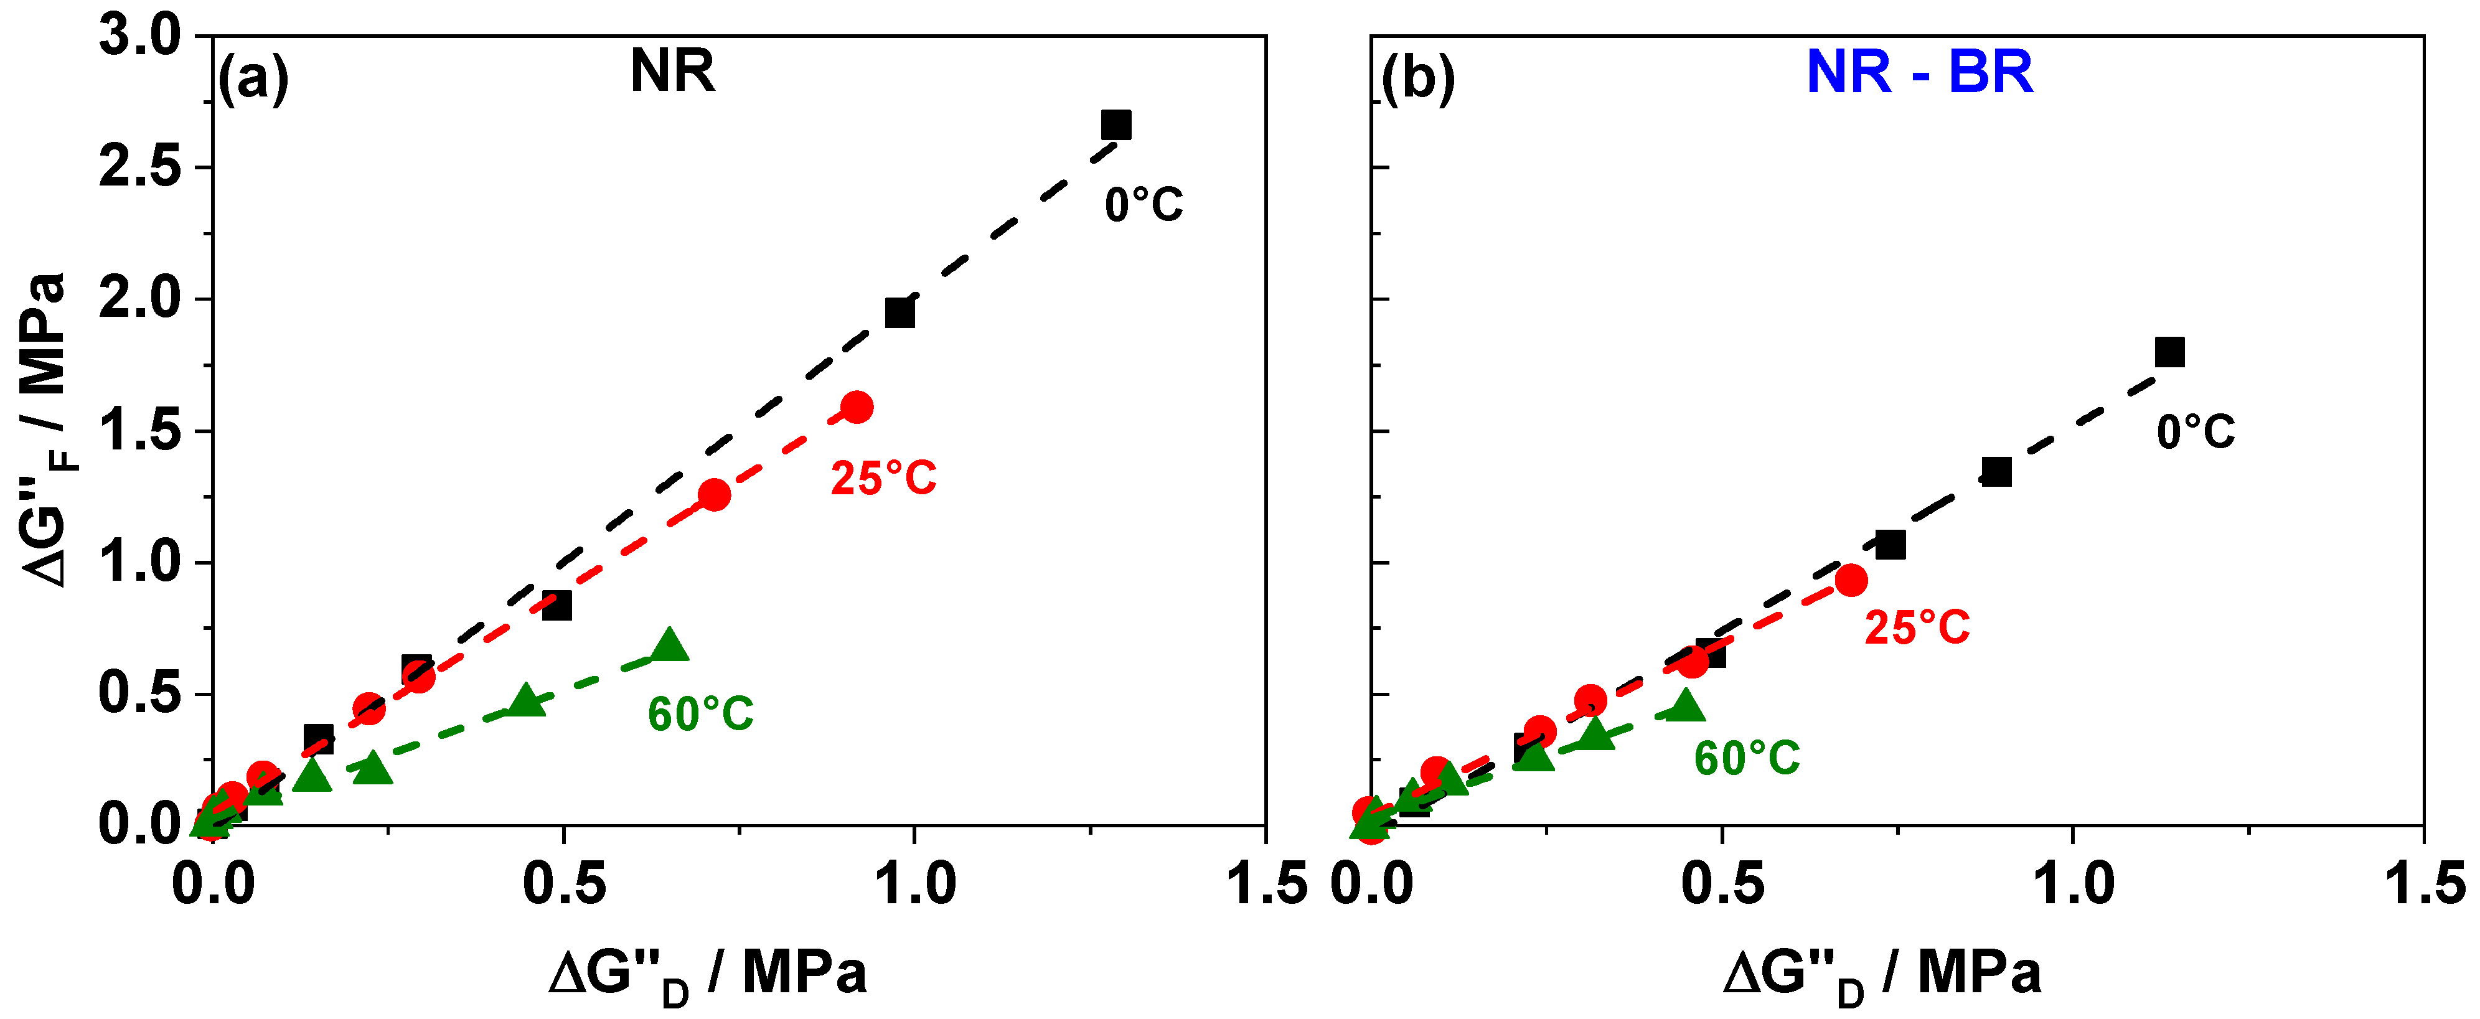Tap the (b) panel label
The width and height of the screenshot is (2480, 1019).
(x=1417, y=77)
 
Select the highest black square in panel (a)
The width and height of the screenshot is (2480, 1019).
(x=1116, y=125)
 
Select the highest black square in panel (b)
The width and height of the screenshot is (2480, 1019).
(x=2169, y=352)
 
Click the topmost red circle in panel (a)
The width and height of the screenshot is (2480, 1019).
(x=857, y=407)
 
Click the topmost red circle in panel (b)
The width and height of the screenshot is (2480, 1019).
(x=1851, y=580)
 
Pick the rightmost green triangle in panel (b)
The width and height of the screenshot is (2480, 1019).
(x=1685, y=706)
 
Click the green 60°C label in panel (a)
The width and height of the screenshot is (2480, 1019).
(x=700, y=715)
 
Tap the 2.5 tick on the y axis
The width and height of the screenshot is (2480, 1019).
(x=139, y=167)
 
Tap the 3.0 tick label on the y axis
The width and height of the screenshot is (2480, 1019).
(x=139, y=37)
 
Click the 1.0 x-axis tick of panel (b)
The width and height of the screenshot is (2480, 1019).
(x=2073, y=884)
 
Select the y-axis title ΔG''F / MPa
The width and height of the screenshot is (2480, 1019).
(x=44, y=429)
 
